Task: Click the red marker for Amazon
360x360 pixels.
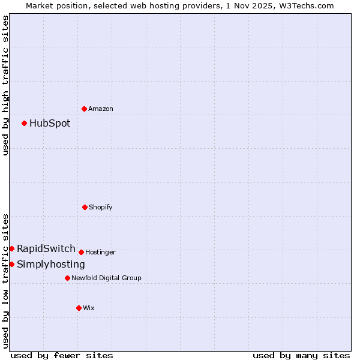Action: [x=84, y=109]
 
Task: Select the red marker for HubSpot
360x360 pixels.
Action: [x=24, y=123]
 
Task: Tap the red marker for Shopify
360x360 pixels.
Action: [x=85, y=207]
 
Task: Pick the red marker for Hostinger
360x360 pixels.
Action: [x=81, y=252]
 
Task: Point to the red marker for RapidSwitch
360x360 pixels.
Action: [x=11, y=248]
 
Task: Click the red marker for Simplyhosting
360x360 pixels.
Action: [x=11, y=264]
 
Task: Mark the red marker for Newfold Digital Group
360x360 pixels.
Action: [x=67, y=278]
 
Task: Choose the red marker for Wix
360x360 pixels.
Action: [x=79, y=308]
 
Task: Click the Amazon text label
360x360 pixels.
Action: [x=101, y=109]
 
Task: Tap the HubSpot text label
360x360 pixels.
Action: [x=50, y=123]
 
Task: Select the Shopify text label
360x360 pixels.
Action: [x=101, y=207]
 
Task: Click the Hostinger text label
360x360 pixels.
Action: [x=100, y=252]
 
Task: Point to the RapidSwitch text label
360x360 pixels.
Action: [x=46, y=248]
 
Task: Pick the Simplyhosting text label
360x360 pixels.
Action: [x=51, y=264]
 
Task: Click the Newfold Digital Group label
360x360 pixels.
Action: [x=106, y=278]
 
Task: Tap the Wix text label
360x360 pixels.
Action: [x=89, y=308]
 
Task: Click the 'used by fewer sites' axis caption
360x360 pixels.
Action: [x=62, y=355]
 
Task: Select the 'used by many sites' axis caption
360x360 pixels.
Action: [x=301, y=355]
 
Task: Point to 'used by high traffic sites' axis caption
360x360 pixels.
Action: [x=5, y=85]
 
